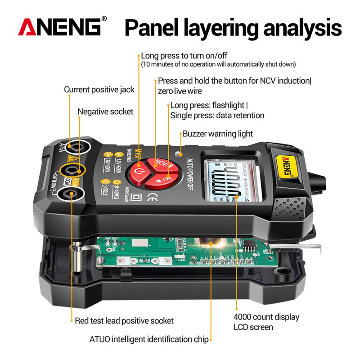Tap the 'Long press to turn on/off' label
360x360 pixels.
tap(184, 56)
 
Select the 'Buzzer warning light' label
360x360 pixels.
tap(217, 134)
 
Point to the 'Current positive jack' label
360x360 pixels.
tap(99, 90)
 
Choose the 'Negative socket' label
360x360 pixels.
tap(106, 111)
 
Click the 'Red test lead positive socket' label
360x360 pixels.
tap(124, 320)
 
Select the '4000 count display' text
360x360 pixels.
tap(266, 317)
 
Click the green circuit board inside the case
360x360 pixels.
tap(180, 254)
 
